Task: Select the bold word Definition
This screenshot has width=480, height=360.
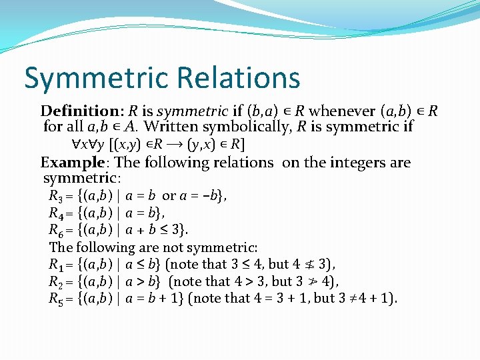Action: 79,110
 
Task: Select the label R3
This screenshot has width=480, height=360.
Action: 57,196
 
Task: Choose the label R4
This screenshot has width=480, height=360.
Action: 57,213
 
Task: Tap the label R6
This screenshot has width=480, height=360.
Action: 57,231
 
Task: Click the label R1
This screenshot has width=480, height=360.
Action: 57,264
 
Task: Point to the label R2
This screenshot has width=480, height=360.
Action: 57,281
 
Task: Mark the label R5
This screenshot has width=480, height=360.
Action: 57,299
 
